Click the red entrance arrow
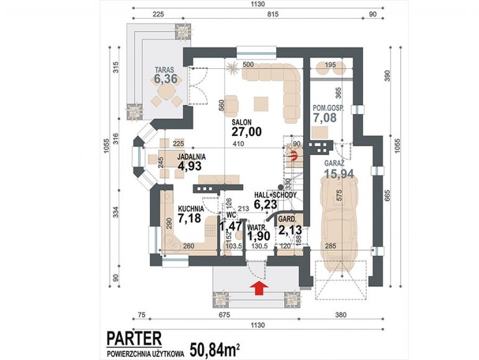[x=259, y=289]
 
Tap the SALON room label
[x=241, y=122]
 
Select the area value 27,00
[x=246, y=132]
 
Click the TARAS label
[x=164, y=70]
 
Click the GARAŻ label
[x=334, y=163]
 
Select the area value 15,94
[x=339, y=174]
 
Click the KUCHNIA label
[x=191, y=209]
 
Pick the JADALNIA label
[x=192, y=157]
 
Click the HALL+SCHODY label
[x=275, y=195]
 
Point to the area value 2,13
[x=290, y=230]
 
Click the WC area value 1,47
[x=231, y=227]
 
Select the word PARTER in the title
[x=134, y=339]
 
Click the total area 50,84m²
[x=215, y=350]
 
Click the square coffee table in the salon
[x=261, y=104]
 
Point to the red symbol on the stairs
[x=294, y=156]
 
